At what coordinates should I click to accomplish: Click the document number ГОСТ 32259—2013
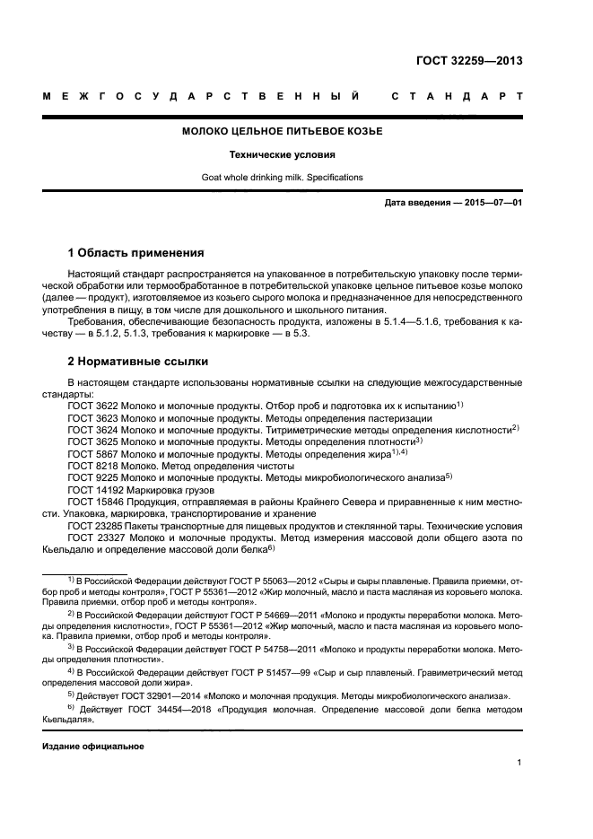click(x=469, y=62)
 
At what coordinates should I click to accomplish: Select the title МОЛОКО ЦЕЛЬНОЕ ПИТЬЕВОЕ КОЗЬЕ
click(x=282, y=132)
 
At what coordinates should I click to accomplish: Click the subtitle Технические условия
click(x=282, y=154)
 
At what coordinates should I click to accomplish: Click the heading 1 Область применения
click(x=135, y=253)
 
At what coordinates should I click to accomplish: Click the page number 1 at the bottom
click(x=519, y=763)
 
